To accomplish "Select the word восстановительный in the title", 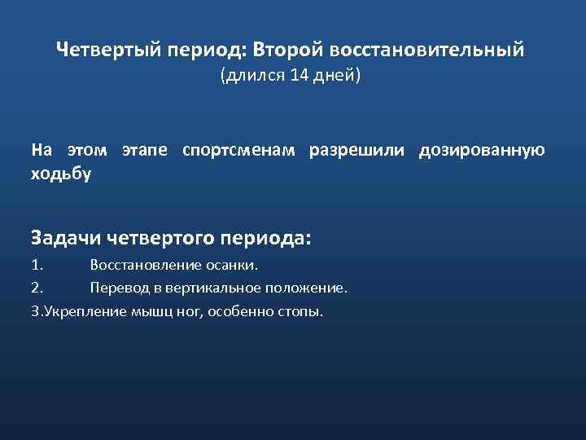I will tap(428, 51).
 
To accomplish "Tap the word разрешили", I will tap(360, 151).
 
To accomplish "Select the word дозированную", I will tap(482, 151).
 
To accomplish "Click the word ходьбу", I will tap(61, 173).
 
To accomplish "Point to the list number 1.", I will tap(36, 265).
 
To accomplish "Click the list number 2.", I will tap(37, 288).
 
